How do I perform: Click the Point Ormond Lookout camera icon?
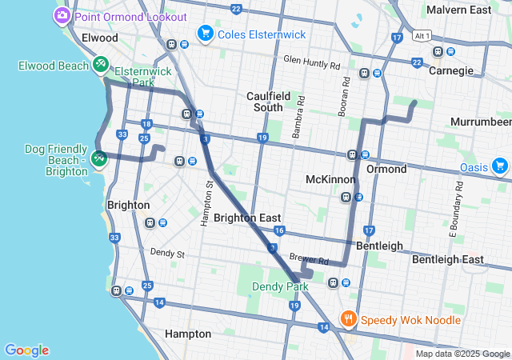[62, 16]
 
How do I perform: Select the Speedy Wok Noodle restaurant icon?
[349, 319]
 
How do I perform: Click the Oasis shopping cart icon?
[500, 166]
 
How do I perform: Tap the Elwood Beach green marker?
[101, 64]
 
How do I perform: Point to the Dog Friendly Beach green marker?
[99, 158]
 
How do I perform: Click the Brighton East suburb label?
[246, 218]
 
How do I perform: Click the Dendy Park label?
[280, 286]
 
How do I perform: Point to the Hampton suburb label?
[187, 333]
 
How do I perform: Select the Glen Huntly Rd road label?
[311, 62]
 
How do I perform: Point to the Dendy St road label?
[167, 254]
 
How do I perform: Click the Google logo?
[26, 350]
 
